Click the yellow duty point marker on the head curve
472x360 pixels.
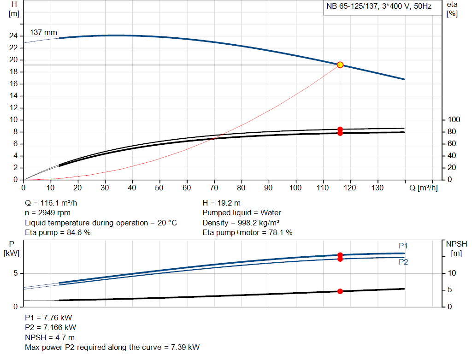[x=340, y=65]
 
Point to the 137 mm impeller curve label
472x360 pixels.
[x=43, y=33]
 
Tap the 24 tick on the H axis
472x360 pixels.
[x=13, y=36]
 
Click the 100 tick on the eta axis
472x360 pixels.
[x=454, y=120]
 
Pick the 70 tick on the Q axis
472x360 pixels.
[x=214, y=188]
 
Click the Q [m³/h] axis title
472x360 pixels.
[x=424, y=188]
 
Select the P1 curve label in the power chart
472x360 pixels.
[x=403, y=246]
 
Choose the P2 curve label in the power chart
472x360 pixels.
[x=403, y=262]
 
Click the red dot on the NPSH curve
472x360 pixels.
[x=340, y=291]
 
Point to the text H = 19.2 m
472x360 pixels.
[x=222, y=203]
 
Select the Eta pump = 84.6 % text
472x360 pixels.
[x=58, y=233]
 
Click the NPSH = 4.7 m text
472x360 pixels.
[x=50, y=337]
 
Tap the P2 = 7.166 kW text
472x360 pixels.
[x=50, y=327]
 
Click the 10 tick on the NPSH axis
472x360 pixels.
[x=452, y=273]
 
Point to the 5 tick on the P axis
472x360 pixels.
[x=15, y=273]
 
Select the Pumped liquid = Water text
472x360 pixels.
[x=242, y=213]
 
